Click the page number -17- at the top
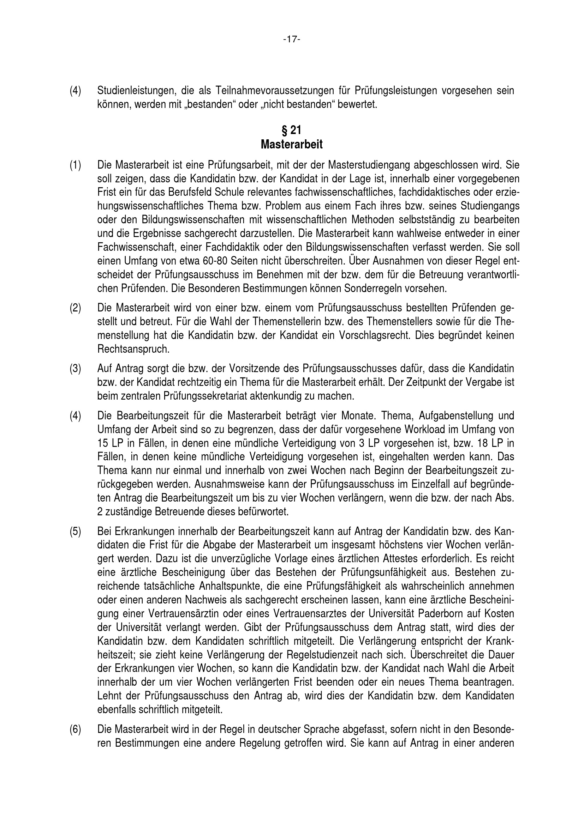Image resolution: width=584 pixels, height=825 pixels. (x=292, y=39)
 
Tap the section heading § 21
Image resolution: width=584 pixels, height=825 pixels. (x=292, y=130)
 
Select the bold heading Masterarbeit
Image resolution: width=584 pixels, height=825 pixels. (x=292, y=145)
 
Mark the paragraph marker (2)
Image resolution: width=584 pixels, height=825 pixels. (x=76, y=308)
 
